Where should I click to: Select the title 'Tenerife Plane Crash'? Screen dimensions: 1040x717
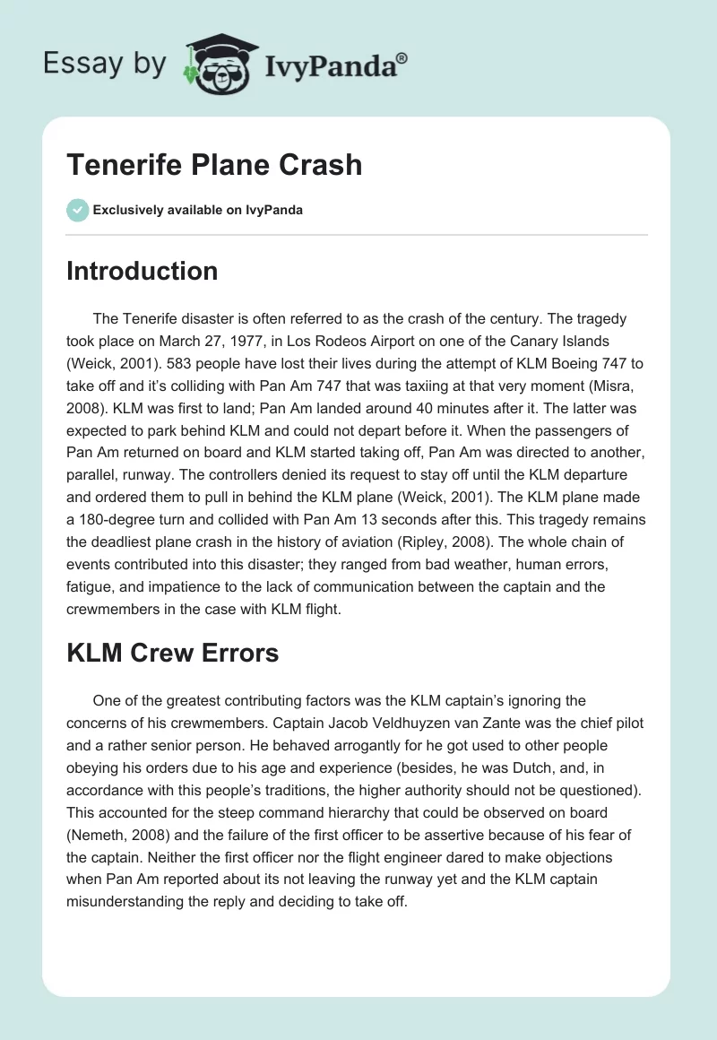(x=214, y=164)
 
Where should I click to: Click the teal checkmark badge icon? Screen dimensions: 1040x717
(x=77, y=210)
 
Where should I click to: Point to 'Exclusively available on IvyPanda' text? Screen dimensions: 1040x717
(x=197, y=210)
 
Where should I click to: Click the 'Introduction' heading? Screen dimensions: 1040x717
(x=142, y=272)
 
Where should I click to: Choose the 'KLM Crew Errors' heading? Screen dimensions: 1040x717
(x=172, y=654)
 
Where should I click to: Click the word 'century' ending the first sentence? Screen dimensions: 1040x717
(x=523, y=318)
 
